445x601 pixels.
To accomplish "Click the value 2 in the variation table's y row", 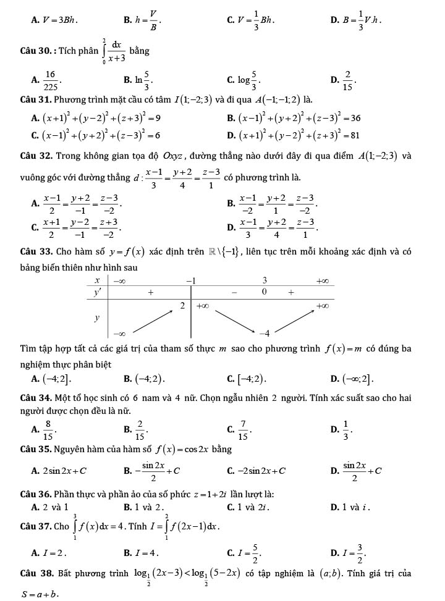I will [x=182, y=306].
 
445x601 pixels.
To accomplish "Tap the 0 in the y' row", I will [x=264, y=292].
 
